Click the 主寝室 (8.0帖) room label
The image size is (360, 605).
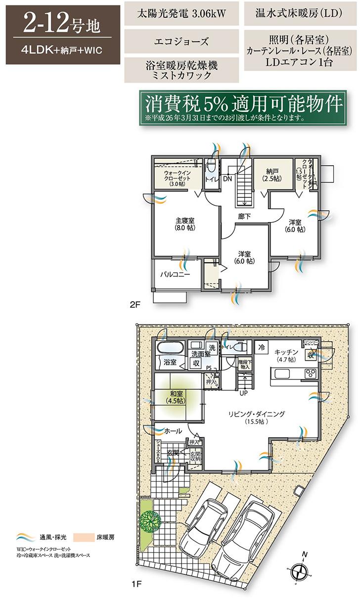pos(184,224)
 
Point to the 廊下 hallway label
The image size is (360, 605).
pos(243,216)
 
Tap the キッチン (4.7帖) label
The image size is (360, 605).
pos(286,355)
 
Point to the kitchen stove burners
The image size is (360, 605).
pos(311,373)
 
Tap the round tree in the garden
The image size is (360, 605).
pos(147,520)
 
